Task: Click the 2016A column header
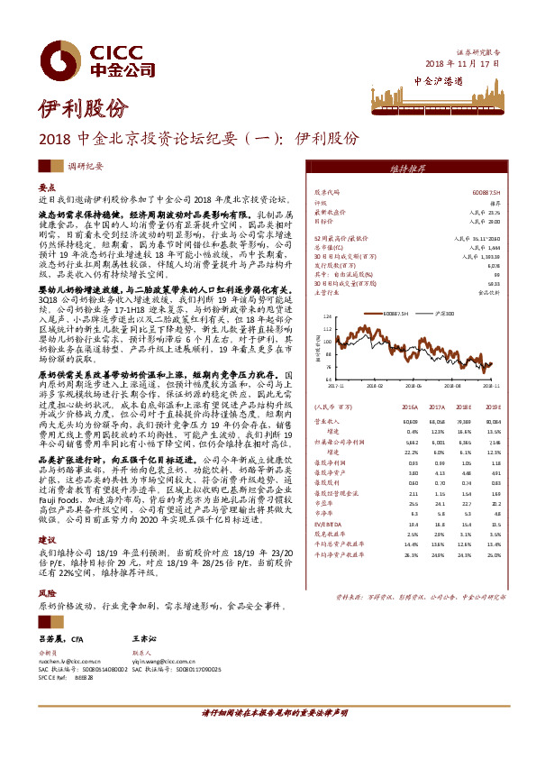pos(411,407)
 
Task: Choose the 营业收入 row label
pos(326,421)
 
